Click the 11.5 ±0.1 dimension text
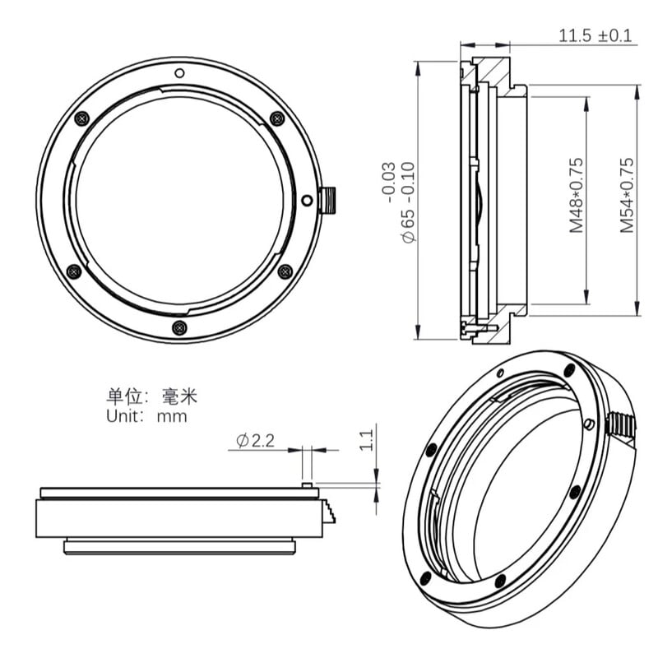tap(596, 36)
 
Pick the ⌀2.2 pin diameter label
tap(254, 441)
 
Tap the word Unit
tap(125, 416)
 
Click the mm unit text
tap(173, 416)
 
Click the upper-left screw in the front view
tap(81, 118)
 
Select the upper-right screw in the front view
tap(277, 118)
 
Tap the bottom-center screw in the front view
tap(179, 328)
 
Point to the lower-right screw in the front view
tap(285, 271)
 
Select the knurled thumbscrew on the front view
tap(327, 198)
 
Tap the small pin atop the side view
tap(306, 485)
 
